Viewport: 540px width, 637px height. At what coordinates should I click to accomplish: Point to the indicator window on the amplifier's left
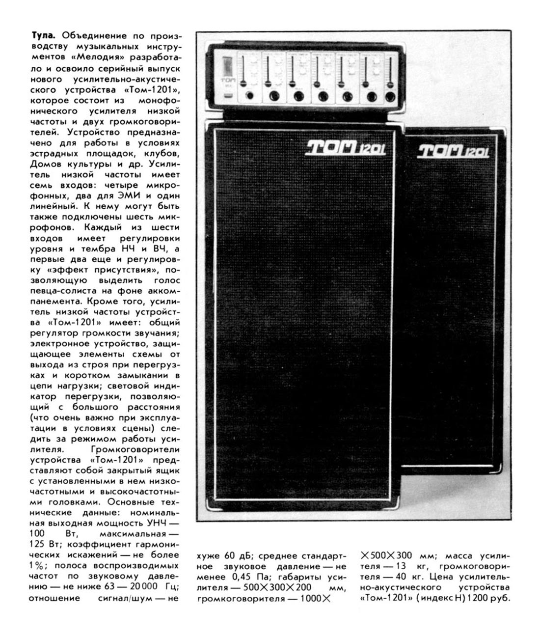pyautogui.click(x=227, y=65)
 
